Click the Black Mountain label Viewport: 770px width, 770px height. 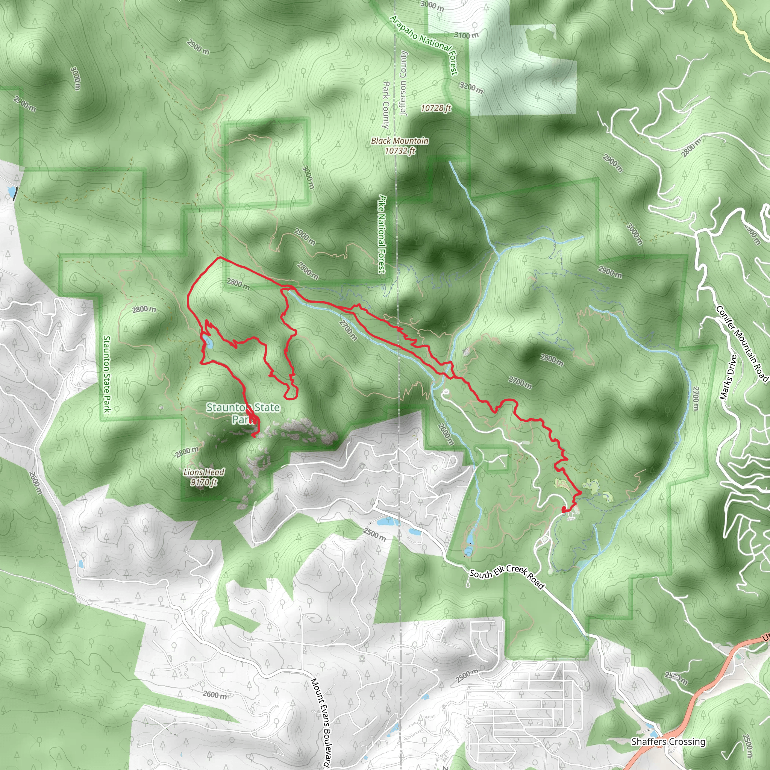400,141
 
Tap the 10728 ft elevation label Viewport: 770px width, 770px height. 436,108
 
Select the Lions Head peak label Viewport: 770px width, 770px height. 204,472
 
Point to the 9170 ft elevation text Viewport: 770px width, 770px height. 204,482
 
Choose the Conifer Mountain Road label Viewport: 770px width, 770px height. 741,344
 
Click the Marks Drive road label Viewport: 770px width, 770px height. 729,377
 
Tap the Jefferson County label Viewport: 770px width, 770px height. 403,83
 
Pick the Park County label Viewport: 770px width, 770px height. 385,105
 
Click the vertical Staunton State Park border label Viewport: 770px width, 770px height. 106,374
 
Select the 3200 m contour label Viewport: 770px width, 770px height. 471,88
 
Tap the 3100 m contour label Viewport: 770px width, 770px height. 466,35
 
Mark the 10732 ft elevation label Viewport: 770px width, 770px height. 400,151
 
